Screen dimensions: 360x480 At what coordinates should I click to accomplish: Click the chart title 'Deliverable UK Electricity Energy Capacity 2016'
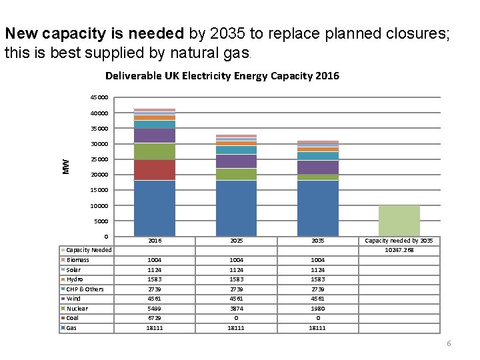[222, 75]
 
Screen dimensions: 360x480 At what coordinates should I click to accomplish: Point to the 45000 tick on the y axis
[99, 98]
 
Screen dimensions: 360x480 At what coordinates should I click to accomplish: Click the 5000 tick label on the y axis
[101, 221]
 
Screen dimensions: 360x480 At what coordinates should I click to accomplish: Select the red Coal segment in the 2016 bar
[154, 170]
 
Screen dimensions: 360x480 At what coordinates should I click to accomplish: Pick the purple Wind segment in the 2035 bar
[318, 167]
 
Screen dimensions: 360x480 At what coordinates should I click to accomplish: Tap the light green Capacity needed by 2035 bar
[399, 221]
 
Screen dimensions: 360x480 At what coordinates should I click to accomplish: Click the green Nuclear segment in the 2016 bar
[154, 151]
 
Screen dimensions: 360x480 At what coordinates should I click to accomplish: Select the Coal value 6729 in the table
[154, 318]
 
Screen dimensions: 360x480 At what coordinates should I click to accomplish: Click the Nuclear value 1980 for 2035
[318, 309]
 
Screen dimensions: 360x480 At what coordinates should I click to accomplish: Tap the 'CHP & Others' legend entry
[85, 289]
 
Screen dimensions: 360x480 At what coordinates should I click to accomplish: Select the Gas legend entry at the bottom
[73, 328]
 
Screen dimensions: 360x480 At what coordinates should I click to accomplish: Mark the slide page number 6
[449, 343]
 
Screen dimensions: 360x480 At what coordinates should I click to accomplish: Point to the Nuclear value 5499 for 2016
[154, 309]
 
